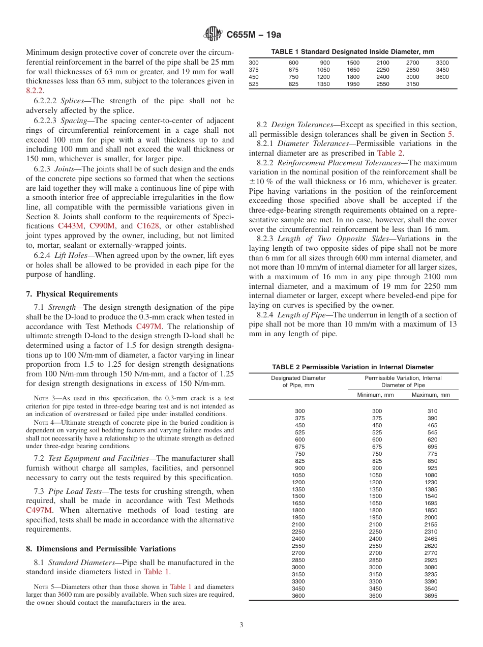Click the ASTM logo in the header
(213, 35)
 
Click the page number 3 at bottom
(242, 625)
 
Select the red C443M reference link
(71, 225)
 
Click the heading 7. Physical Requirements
(72, 294)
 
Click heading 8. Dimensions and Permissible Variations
(101, 549)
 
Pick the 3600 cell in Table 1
(442, 77)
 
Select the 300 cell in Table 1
(253, 63)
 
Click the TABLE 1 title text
(352, 52)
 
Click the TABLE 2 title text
(353, 367)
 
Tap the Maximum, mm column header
(431, 395)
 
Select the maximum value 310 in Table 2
(432, 411)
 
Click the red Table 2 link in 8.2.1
(390, 153)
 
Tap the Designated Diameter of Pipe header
(298, 381)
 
